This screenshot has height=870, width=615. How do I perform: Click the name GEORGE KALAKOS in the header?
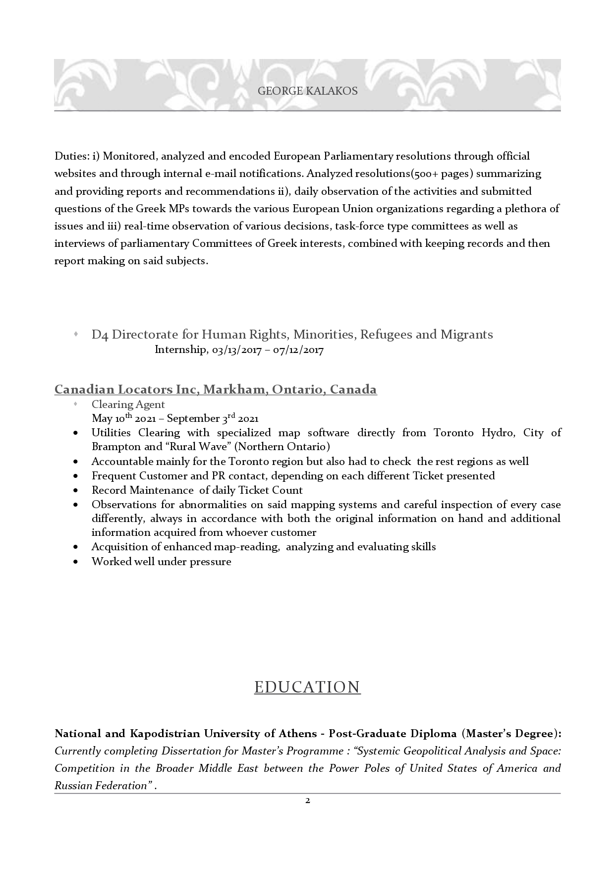[x=307, y=91]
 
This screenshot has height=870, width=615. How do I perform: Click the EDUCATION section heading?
[x=307, y=687]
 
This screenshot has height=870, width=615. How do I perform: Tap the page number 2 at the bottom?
[x=307, y=801]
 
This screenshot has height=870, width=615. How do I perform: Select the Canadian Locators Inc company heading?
[x=216, y=390]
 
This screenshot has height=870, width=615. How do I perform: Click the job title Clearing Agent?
[x=128, y=405]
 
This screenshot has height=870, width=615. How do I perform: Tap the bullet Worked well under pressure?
[x=161, y=562]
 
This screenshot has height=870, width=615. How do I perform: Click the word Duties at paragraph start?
[x=71, y=157]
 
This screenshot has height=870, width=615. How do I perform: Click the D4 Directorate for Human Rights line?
[x=292, y=335]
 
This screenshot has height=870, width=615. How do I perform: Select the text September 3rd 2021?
[x=212, y=418]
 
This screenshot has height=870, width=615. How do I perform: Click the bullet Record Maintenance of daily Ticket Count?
[x=197, y=490]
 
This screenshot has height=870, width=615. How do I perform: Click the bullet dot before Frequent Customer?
[x=75, y=476]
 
